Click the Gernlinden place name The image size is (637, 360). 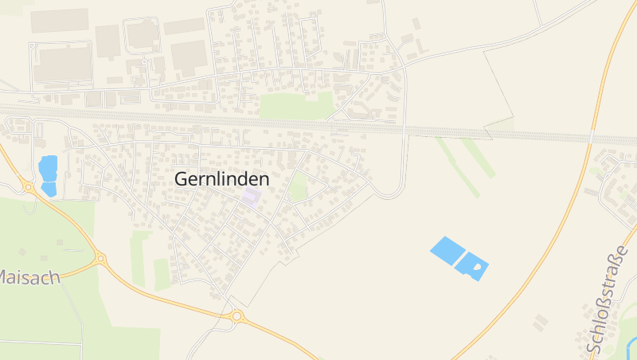(221, 179)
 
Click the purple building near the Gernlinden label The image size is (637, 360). (252, 196)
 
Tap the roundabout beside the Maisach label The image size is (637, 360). (100, 258)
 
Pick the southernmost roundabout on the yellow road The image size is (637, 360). (236, 316)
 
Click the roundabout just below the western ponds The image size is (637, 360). (28, 188)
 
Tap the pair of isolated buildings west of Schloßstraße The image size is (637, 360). (541, 322)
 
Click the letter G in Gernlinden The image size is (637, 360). (182, 179)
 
